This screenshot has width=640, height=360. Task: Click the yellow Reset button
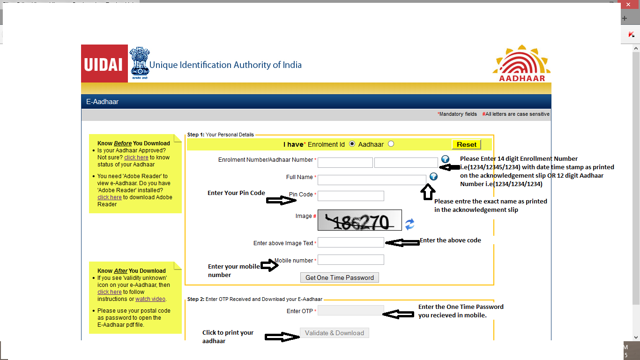(x=466, y=144)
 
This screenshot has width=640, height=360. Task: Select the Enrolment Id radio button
(x=352, y=144)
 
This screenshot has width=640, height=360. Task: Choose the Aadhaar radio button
(x=391, y=144)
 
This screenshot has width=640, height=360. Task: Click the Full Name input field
(x=372, y=180)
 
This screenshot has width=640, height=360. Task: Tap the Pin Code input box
(x=350, y=196)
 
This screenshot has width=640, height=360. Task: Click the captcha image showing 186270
(x=359, y=220)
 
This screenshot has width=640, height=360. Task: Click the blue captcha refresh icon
(x=410, y=224)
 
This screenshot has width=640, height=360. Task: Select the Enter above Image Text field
(x=350, y=242)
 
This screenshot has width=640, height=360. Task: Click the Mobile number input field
(x=350, y=260)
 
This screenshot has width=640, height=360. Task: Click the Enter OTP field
(x=350, y=310)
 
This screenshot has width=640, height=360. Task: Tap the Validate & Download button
(x=335, y=333)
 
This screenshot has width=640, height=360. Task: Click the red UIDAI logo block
(x=104, y=64)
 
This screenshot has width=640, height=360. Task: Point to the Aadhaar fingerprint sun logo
(x=522, y=63)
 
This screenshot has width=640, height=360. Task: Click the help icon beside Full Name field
(x=433, y=177)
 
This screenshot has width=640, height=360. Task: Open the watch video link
(x=150, y=299)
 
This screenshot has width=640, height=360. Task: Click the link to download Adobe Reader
(x=109, y=197)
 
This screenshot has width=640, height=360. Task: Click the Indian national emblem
(x=139, y=62)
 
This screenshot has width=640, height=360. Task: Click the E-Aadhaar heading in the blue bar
(x=103, y=101)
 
